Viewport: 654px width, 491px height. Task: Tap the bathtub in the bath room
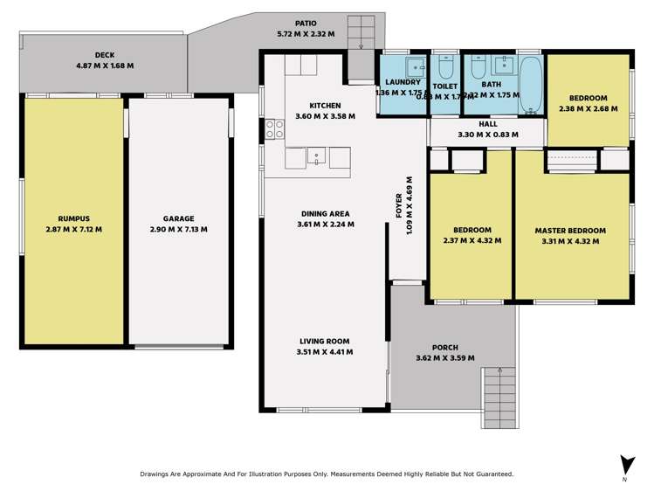[531, 86]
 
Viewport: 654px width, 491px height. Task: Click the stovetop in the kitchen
[275, 129]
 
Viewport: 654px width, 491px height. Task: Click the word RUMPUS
[73, 218]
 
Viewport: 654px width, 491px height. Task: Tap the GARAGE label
[178, 218]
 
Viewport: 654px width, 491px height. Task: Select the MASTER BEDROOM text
[569, 231]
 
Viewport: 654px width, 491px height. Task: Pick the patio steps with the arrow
[360, 34]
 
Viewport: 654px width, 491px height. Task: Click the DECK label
[105, 55]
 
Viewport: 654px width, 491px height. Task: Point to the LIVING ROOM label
[324, 341]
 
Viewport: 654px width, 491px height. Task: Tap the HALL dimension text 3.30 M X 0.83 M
[488, 135]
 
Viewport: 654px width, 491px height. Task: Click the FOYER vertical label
[399, 206]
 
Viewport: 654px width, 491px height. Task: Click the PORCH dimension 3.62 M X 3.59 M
[445, 357]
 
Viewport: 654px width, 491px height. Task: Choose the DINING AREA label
[325, 213]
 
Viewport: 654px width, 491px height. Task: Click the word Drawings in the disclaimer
[156, 474]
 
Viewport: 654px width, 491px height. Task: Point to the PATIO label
[306, 24]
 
